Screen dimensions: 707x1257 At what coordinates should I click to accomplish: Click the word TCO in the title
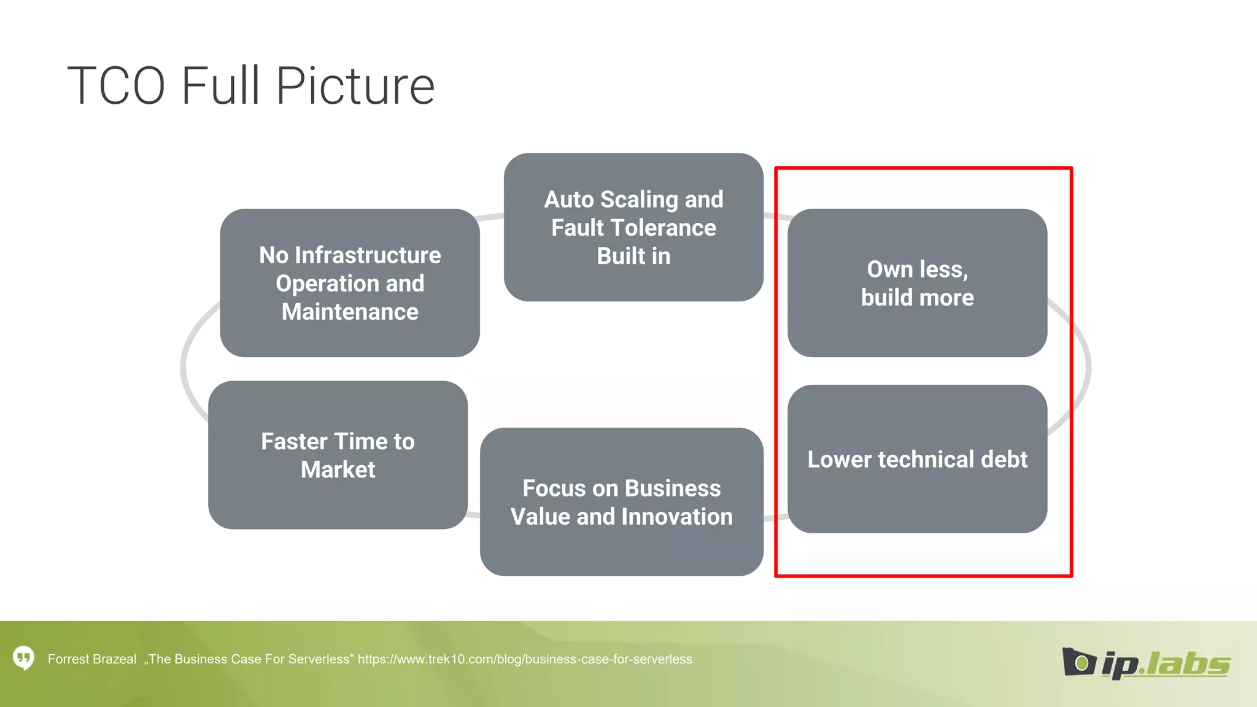tap(117, 86)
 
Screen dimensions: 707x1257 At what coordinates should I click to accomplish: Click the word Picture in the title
tap(355, 86)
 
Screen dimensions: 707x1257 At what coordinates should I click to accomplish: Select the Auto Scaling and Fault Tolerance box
tap(633, 227)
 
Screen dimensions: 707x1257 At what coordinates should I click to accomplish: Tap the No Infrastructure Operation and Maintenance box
tap(350, 283)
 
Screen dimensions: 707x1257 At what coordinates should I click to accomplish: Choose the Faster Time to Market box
tap(338, 455)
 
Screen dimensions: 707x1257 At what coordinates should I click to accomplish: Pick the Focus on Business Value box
tap(621, 502)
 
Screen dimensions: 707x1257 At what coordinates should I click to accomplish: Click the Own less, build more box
tap(917, 283)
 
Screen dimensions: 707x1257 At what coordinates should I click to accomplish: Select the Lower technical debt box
tap(917, 459)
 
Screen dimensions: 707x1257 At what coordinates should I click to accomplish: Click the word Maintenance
tap(350, 312)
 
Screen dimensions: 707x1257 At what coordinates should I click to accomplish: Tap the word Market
tap(338, 469)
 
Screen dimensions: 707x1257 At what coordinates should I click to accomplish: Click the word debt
tap(1004, 459)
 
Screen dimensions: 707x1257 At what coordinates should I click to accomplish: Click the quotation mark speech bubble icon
tap(23, 659)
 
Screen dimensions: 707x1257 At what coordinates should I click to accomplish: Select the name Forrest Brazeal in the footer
tap(92, 659)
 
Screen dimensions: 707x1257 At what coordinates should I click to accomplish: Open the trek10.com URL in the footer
tap(525, 659)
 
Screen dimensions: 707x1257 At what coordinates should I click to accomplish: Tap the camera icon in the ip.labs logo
tap(1078, 662)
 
